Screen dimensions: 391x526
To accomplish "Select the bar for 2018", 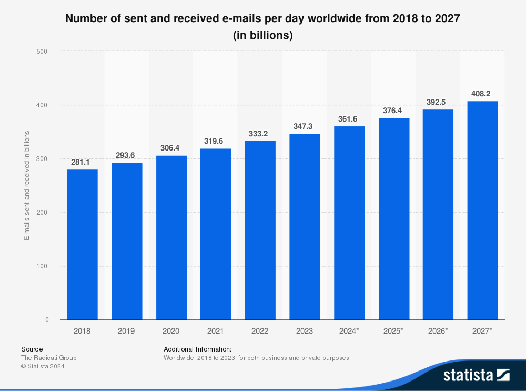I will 82,245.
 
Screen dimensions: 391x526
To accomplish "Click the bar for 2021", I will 215,234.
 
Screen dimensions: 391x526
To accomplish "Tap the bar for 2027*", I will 482,210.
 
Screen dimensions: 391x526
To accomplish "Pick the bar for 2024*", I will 349,223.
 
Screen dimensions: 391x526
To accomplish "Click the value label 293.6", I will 127,156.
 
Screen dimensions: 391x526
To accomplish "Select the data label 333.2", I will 260,134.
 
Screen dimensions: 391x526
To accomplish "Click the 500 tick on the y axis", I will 42,52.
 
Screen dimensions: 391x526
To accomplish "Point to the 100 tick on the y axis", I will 42,266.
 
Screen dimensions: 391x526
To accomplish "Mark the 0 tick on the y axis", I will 46,320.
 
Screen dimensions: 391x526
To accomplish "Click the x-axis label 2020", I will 171,331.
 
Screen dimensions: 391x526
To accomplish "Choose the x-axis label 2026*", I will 438,331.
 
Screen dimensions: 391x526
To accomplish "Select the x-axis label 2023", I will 304,331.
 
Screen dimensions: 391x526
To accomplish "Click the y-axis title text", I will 26,186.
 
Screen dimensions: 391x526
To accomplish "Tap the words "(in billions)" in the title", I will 262,36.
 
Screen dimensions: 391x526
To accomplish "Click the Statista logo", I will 476,375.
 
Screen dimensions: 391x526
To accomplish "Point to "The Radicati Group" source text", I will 48,358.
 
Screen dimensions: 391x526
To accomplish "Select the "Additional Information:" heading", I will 197,349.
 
